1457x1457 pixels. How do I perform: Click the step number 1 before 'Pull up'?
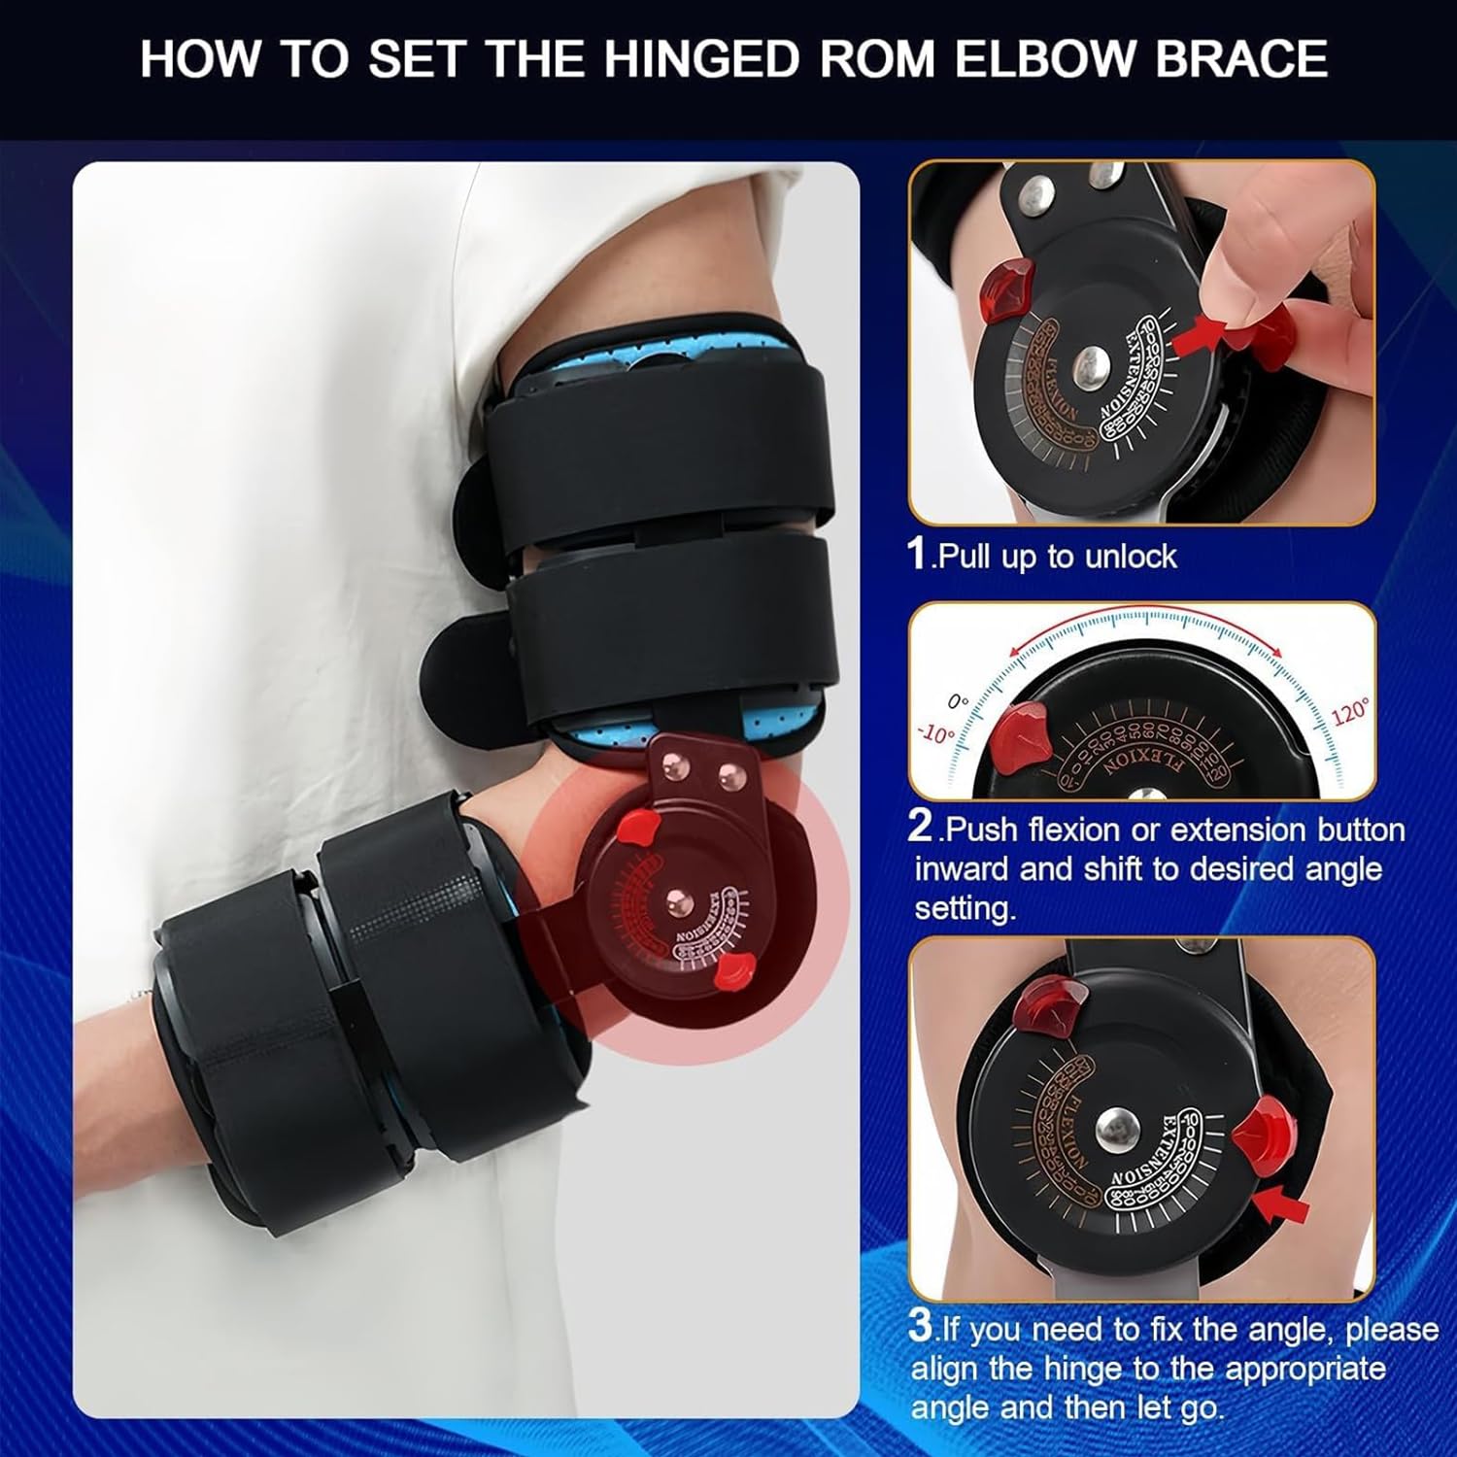(x=917, y=554)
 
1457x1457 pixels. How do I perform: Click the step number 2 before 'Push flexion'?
(x=920, y=827)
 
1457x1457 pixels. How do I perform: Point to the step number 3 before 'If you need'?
(x=920, y=1327)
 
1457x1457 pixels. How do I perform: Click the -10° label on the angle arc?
(x=935, y=734)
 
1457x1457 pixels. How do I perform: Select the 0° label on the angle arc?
(x=958, y=701)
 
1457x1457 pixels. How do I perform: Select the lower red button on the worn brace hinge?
(x=733, y=970)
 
